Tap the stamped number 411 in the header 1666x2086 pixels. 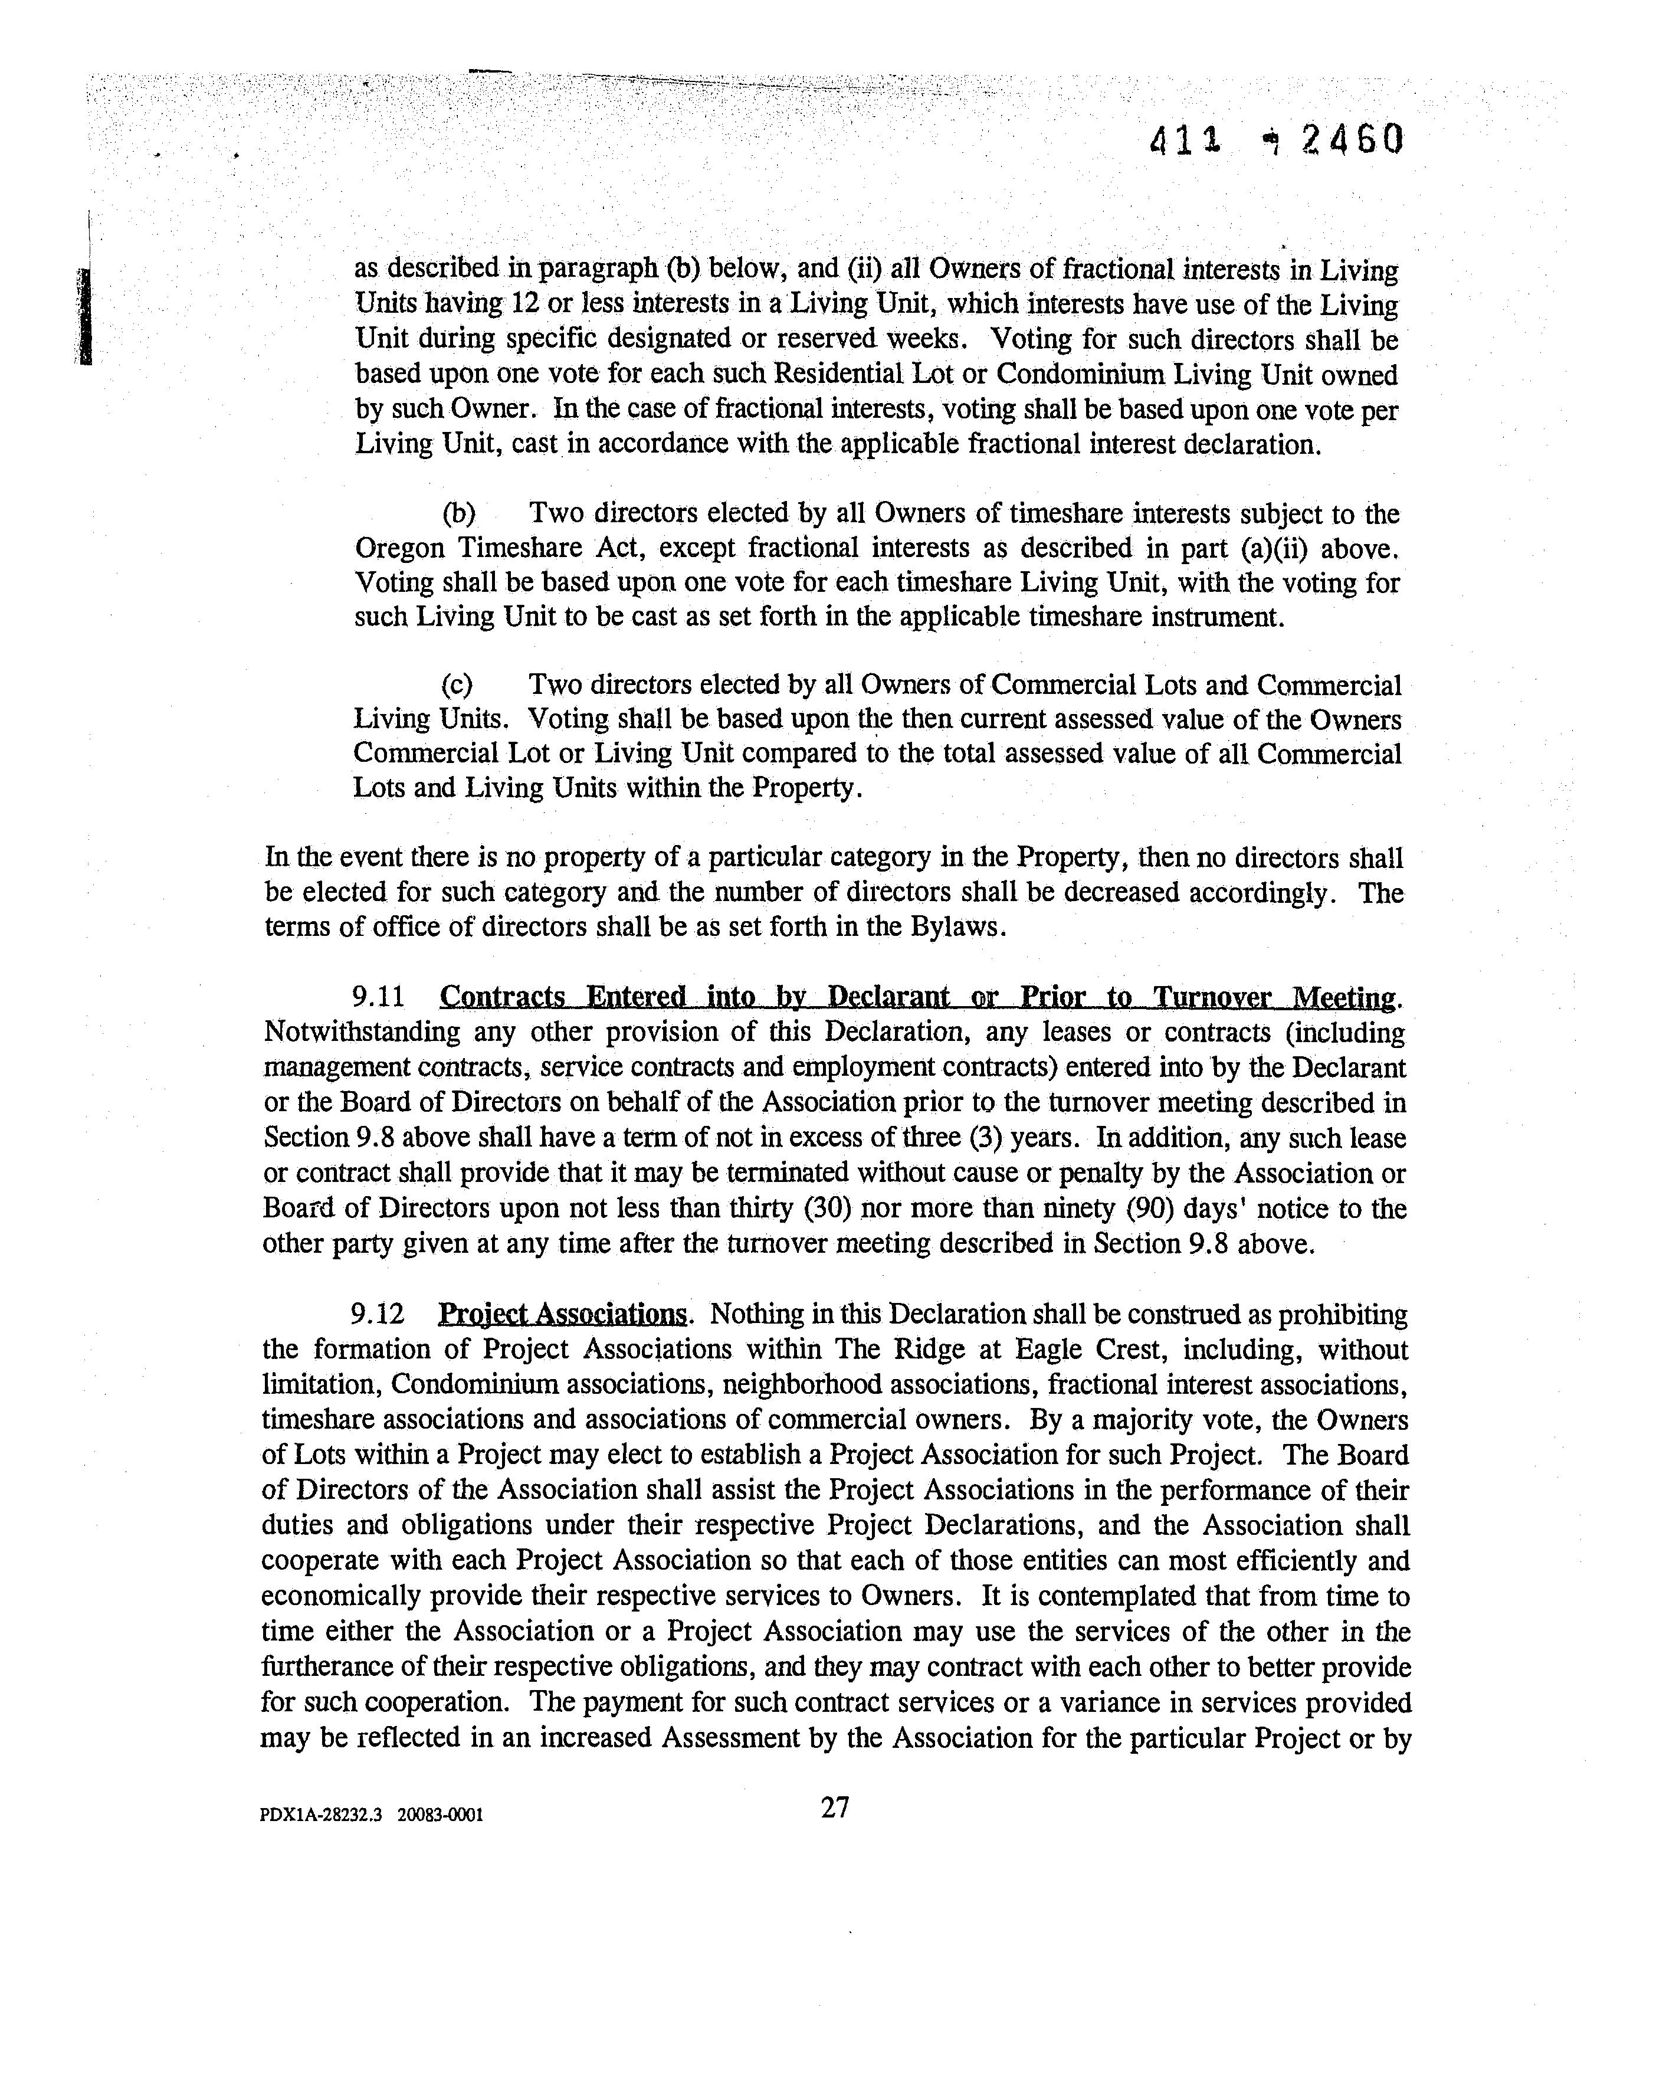tap(1184, 142)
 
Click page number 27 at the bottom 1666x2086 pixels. tap(835, 1807)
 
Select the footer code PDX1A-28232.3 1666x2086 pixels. tap(321, 1815)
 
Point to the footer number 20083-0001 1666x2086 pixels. tap(440, 1815)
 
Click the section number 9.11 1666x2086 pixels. tap(378, 997)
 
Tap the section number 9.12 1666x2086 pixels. tap(378, 1314)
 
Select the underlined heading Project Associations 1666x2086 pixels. tap(562, 1314)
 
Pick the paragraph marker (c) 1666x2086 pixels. tap(457, 685)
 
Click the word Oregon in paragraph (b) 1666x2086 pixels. tap(399, 549)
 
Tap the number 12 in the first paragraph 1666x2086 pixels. tap(523, 304)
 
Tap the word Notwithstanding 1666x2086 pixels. tap(361, 1032)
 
